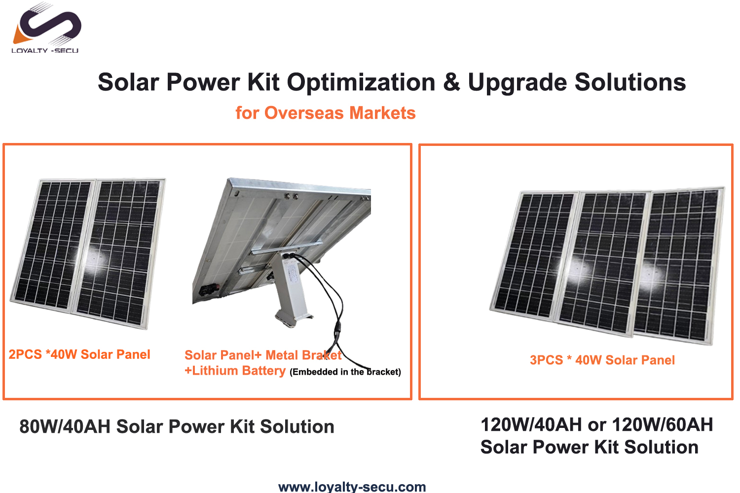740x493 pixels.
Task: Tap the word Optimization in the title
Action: [x=361, y=82]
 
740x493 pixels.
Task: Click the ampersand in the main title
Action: [x=451, y=82]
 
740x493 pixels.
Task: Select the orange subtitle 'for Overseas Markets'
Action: [x=326, y=113]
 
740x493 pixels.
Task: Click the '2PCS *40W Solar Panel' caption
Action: [x=79, y=354]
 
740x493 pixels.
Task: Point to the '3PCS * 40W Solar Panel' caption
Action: [x=602, y=360]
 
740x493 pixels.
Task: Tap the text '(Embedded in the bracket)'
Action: [x=345, y=372]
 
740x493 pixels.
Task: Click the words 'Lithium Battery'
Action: [x=238, y=371]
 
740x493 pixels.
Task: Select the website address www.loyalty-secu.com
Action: [x=352, y=487]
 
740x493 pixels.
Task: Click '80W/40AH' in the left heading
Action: [x=65, y=426]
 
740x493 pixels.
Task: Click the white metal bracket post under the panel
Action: [x=291, y=290]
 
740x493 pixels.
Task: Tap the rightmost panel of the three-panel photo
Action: [x=680, y=264]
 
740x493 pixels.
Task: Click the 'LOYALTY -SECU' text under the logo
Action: [x=45, y=50]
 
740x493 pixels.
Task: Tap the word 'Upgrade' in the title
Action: [x=518, y=82]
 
